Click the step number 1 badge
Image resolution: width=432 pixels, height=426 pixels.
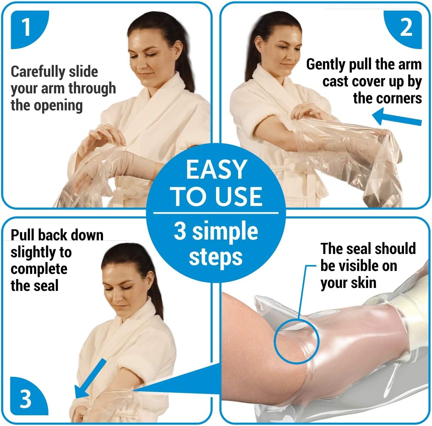29,29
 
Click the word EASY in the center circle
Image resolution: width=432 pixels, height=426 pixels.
216,169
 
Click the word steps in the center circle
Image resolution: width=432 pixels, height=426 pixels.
216,257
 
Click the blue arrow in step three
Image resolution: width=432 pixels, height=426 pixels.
90,378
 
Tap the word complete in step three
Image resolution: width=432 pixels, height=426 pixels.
39,269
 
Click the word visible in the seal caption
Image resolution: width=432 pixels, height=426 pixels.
358,266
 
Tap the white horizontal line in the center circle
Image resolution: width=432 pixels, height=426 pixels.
216,213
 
